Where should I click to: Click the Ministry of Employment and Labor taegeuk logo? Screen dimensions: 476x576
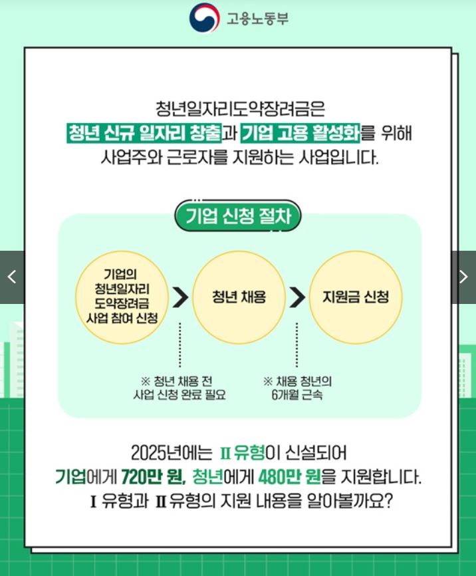[x=204, y=19]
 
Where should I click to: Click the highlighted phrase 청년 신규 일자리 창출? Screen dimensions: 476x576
[x=144, y=133]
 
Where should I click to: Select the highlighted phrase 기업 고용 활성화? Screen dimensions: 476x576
[x=300, y=133]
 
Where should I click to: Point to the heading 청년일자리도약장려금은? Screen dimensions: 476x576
[x=238, y=108]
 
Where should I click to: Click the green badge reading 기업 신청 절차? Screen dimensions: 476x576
[x=238, y=216]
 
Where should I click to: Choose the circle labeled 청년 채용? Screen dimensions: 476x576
[x=239, y=297]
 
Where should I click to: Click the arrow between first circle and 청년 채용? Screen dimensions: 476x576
[x=180, y=297]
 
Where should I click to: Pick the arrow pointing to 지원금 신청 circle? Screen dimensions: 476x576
[x=297, y=297]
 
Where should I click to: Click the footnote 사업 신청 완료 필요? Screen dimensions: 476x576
[x=179, y=395]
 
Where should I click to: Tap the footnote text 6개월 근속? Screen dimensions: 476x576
[x=297, y=395]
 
